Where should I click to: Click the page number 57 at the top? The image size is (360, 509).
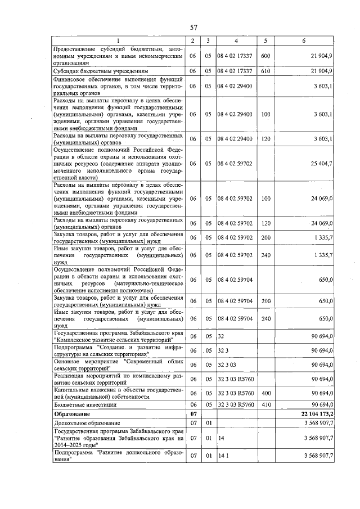[x=193, y=28]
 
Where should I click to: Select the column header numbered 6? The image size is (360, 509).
[x=304, y=40]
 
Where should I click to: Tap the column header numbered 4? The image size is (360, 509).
[x=236, y=40]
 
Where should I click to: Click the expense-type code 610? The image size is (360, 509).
[x=265, y=71]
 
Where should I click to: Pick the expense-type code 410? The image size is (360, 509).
[x=265, y=404]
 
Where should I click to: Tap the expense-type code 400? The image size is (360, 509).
[x=265, y=393]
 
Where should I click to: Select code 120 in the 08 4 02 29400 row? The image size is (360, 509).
[x=265, y=139]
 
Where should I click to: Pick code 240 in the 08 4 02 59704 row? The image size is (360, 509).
[x=265, y=318]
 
